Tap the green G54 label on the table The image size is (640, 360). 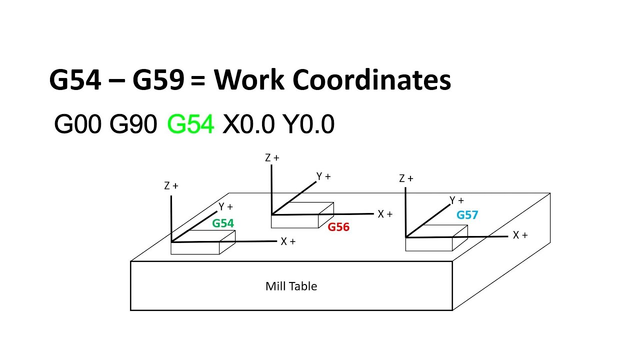223,223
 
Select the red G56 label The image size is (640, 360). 338,227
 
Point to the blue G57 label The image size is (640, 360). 467,215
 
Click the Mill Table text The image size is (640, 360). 291,286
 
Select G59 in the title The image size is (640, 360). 158,80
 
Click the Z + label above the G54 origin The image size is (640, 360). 171,186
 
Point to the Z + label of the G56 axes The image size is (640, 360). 272,158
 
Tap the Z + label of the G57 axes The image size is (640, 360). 406,178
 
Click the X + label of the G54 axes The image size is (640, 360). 288,241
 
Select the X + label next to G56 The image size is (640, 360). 385,214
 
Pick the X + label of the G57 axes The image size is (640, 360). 520,235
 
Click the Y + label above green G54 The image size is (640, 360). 225,206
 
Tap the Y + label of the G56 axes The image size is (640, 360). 323,176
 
